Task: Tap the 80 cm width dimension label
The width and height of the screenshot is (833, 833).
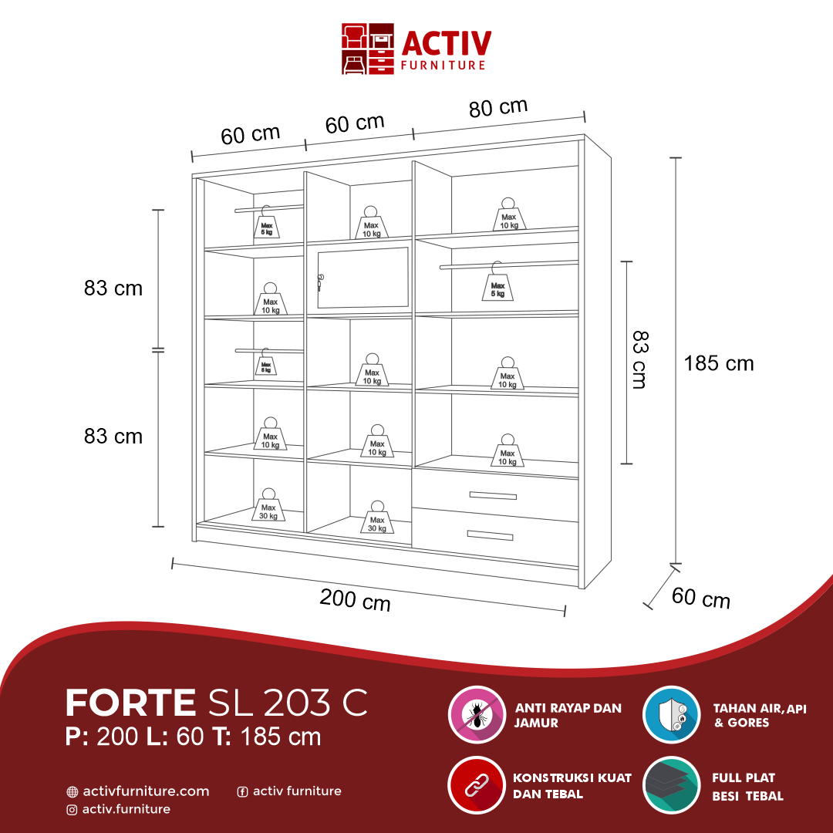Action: point(498,108)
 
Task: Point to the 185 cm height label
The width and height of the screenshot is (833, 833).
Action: point(718,363)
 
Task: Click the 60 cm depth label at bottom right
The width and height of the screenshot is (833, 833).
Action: point(700,598)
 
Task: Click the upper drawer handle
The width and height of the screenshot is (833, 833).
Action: point(492,495)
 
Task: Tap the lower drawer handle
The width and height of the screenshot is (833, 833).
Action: point(489,535)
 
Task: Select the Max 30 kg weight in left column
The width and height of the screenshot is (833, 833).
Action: point(268,507)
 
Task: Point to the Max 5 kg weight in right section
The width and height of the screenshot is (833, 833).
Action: point(497,285)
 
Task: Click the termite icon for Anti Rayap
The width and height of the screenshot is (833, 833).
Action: point(477,714)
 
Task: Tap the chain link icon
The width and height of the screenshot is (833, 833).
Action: point(477,785)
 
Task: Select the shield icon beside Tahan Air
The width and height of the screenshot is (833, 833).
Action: point(671,714)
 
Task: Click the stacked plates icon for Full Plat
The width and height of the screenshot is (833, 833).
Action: point(671,785)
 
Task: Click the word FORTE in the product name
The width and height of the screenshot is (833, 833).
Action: point(131,703)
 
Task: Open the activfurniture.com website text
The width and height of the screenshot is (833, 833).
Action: point(146,791)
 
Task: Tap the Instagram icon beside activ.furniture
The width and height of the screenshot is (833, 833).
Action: point(72,810)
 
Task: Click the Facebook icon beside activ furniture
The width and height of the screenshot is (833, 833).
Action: point(242,791)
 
